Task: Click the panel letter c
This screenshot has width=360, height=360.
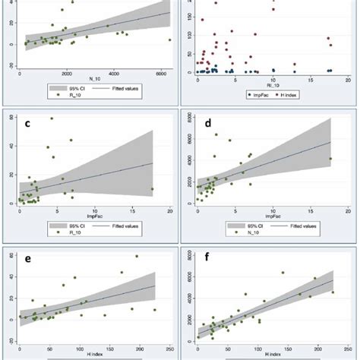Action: (x=28, y=124)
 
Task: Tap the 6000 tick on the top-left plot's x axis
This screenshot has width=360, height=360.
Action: (x=160, y=74)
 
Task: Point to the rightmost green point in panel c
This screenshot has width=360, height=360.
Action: (x=153, y=189)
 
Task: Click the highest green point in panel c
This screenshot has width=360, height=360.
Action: (x=52, y=118)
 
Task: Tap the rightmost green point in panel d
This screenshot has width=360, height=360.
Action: (x=330, y=159)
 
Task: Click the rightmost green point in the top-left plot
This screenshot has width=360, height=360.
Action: (x=169, y=39)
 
